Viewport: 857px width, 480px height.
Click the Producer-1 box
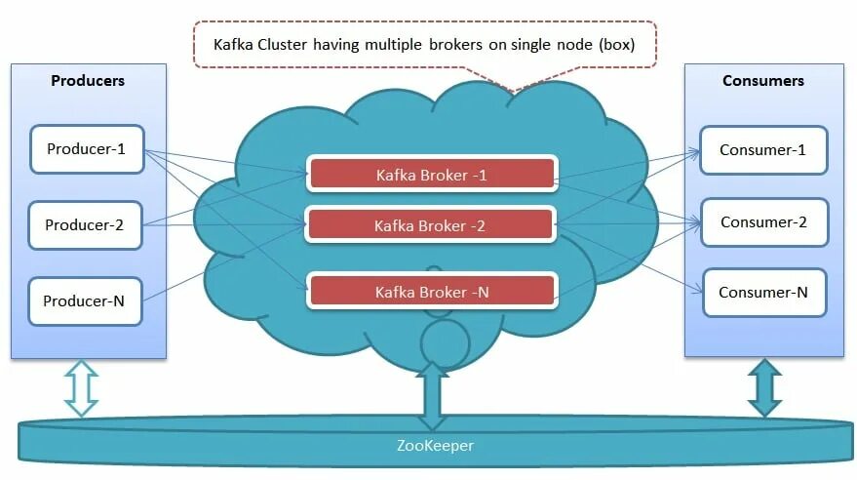pos(87,149)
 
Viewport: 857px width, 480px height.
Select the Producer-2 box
pos(85,225)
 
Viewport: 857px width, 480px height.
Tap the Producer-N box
pos(85,301)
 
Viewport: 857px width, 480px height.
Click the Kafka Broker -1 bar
pos(432,174)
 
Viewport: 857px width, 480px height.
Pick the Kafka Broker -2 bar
pos(432,225)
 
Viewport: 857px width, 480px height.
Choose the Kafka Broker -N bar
pos(432,291)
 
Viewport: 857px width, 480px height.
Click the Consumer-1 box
pos(763,149)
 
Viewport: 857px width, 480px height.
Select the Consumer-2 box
pos(763,222)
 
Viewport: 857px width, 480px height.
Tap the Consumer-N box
pos(763,293)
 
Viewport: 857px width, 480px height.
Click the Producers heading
pos(88,81)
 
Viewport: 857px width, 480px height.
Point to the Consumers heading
pos(763,81)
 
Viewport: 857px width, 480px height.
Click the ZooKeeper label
pos(436,447)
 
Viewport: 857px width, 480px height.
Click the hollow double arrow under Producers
pos(82,387)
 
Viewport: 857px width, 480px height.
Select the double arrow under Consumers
pos(764,387)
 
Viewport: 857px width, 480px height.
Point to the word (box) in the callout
pos(614,45)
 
